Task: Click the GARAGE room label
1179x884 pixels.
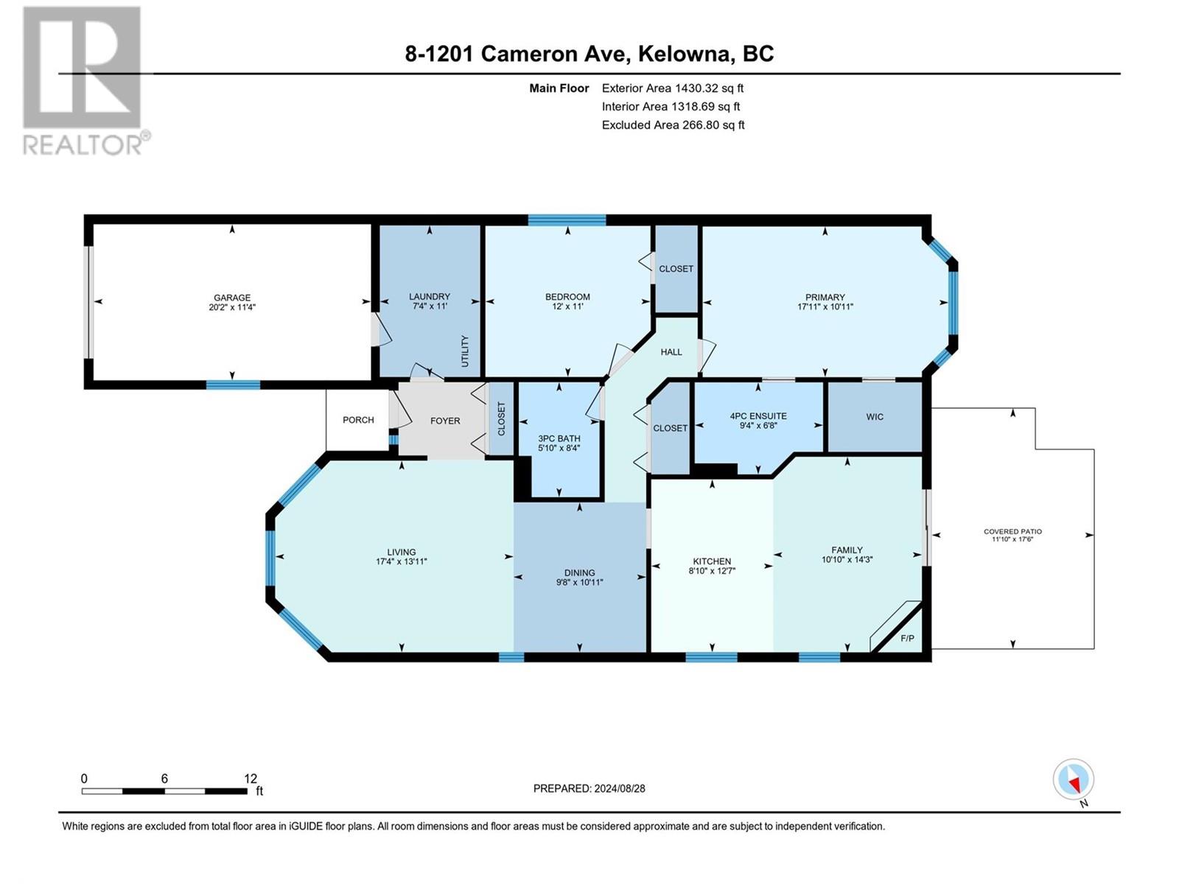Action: [x=232, y=298]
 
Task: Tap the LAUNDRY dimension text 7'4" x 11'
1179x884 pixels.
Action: [x=430, y=306]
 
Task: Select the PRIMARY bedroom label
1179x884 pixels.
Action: [x=825, y=298]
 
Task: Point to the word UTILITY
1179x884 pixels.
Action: [x=465, y=351]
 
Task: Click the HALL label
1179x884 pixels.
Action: [x=671, y=352]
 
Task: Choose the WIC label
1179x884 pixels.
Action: [x=875, y=416]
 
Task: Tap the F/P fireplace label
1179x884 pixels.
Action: [x=907, y=638]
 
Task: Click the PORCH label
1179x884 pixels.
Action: [x=358, y=420]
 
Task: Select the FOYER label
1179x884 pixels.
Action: [x=445, y=421]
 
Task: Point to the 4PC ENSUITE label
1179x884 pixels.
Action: [x=758, y=416]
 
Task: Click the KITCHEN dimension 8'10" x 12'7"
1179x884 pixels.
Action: [x=712, y=571]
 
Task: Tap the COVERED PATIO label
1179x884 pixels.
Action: [x=1012, y=531]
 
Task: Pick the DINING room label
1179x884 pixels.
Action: [x=580, y=572]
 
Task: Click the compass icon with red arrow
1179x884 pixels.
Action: [x=1073, y=779]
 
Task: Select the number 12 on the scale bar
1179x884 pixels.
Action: [x=251, y=779]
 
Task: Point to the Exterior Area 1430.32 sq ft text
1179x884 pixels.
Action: [x=673, y=88]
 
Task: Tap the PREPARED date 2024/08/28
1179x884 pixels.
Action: [x=619, y=788]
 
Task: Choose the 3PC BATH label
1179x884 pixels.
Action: [x=559, y=438]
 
